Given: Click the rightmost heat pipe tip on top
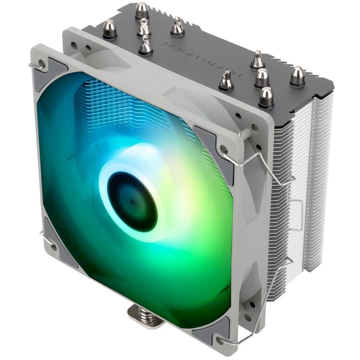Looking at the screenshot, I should tap(297, 76).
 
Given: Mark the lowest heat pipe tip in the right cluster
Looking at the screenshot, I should tap(266, 96).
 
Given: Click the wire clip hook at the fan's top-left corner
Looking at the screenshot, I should tap(37, 65).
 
